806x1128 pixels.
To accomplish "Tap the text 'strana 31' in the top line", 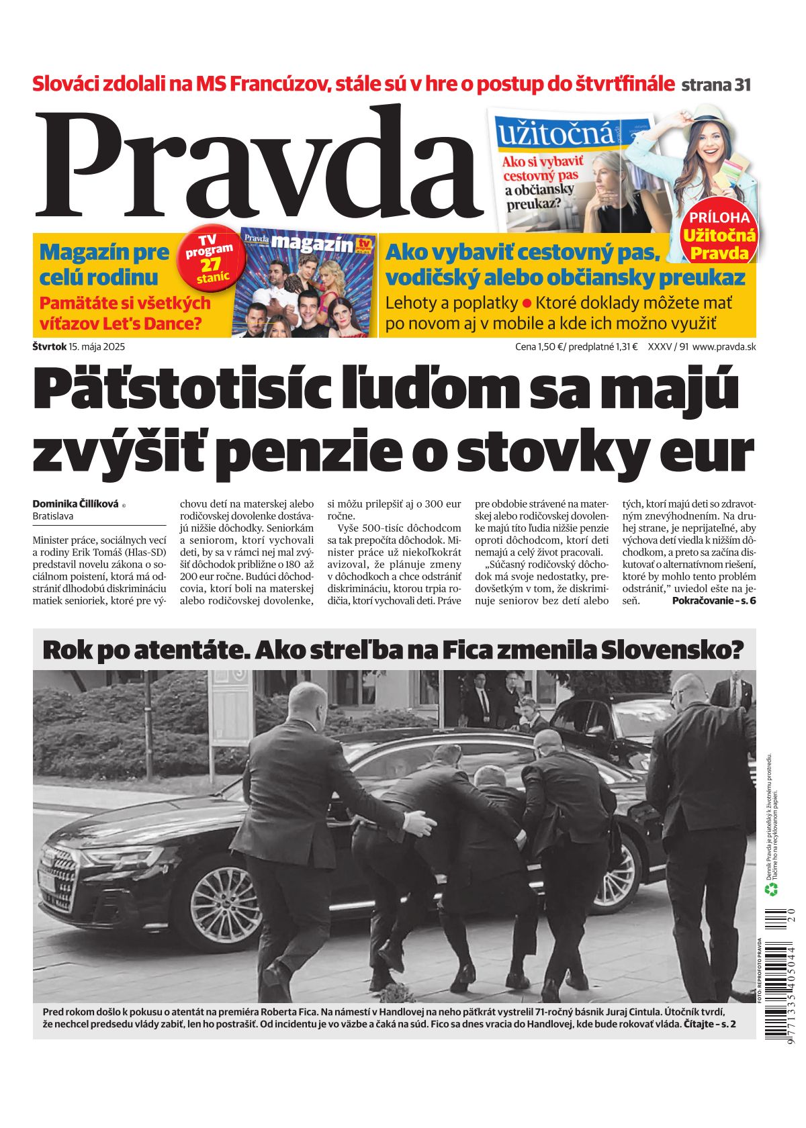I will point(715,85).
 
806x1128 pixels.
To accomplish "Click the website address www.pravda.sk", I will point(723,347).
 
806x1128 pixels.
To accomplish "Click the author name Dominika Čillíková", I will point(75,504).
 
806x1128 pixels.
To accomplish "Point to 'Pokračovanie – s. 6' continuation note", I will point(713,600).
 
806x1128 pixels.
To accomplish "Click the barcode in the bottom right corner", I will point(778,974).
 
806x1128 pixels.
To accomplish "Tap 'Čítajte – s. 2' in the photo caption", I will point(709,1024).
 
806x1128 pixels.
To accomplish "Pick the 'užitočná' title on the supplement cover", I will point(555,134).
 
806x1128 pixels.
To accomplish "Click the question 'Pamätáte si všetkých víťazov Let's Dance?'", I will point(125,314).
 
